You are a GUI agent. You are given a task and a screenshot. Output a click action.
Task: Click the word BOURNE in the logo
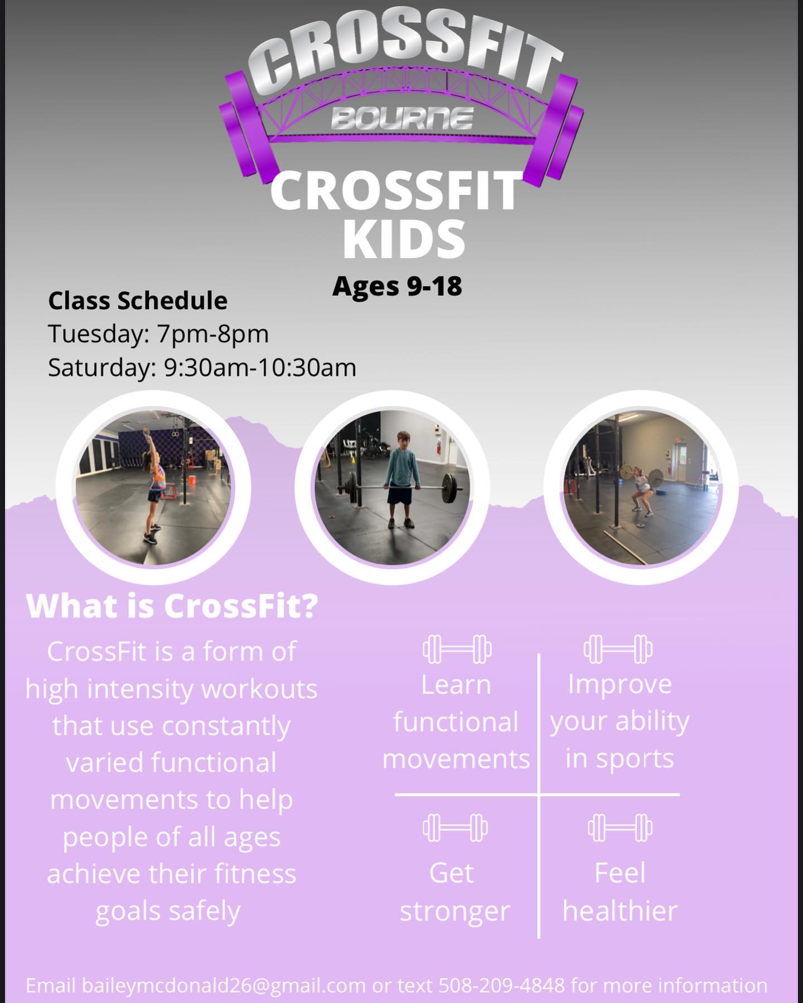[401, 118]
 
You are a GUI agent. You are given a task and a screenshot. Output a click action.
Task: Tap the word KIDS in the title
[403, 238]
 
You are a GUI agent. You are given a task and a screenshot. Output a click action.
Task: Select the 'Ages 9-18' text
[397, 286]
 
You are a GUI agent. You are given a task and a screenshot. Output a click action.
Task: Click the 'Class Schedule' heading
[138, 301]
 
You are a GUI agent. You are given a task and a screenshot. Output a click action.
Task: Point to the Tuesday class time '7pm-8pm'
[213, 334]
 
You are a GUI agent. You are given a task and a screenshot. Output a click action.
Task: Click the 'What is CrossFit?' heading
[172, 606]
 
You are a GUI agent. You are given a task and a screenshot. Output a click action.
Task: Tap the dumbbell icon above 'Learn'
[457, 649]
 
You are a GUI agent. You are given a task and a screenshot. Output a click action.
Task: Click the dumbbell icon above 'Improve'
[618, 649]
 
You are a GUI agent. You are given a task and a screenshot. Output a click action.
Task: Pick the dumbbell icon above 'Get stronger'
[455, 828]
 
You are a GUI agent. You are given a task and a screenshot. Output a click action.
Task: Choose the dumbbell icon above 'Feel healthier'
[620, 828]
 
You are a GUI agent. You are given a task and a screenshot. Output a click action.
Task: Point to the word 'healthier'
[620, 911]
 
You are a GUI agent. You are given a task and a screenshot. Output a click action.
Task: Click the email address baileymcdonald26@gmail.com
[224, 985]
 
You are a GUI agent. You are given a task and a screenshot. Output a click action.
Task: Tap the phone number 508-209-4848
[502, 985]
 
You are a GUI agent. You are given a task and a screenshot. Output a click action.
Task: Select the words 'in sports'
[620, 759]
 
